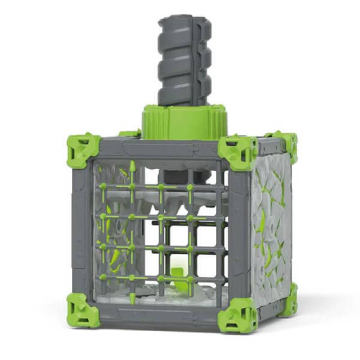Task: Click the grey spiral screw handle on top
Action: point(184,61)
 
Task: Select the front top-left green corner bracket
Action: point(83,148)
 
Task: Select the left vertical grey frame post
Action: point(82,229)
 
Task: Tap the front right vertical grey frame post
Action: point(238,234)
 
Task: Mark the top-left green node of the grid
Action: point(103,186)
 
